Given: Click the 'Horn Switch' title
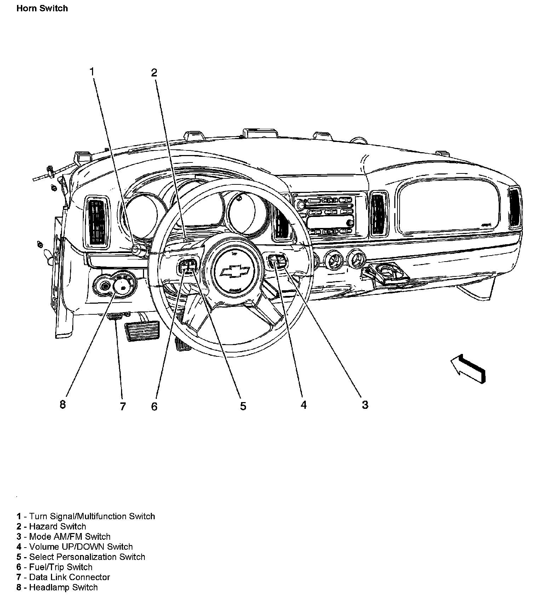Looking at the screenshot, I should click(42, 8).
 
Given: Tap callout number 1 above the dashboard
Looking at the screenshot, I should click(92, 72).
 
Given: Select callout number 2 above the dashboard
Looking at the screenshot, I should click(154, 73).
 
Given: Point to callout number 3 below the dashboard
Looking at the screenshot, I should click(365, 405).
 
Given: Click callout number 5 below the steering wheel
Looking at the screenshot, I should click(243, 406).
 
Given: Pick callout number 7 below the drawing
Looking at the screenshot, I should click(123, 406).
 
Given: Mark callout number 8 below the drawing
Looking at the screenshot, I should click(63, 404).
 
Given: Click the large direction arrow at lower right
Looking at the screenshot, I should click(468, 368).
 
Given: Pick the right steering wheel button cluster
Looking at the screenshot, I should click(277, 261).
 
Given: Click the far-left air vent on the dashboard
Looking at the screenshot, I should click(96, 221).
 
